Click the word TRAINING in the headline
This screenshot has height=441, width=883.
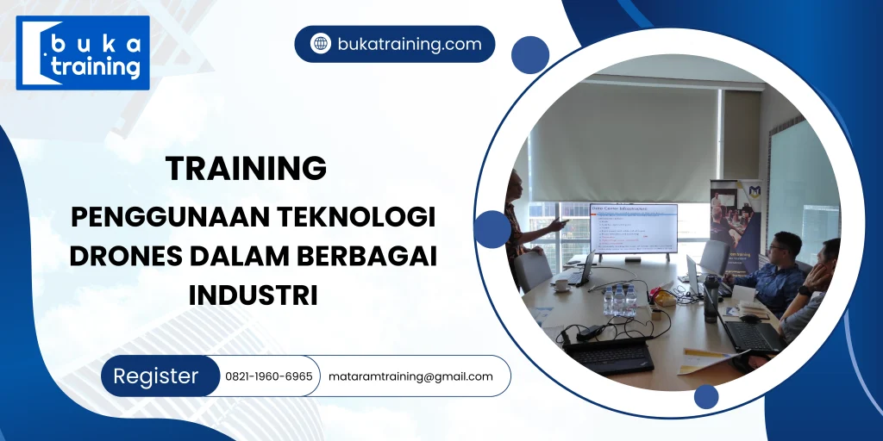(246, 168)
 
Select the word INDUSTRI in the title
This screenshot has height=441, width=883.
(253, 295)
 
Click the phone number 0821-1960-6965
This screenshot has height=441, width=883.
(269, 376)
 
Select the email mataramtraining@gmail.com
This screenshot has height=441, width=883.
(410, 376)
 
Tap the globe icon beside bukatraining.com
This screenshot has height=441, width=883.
(321, 44)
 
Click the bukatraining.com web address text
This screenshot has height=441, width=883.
(410, 44)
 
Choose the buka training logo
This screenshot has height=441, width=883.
(83, 53)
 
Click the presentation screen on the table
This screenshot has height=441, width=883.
(633, 228)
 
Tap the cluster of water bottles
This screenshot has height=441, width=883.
(619, 300)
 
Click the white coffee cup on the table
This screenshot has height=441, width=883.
(560, 283)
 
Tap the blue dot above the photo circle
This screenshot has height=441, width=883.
(529, 53)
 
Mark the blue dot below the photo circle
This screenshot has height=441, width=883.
(706, 396)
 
